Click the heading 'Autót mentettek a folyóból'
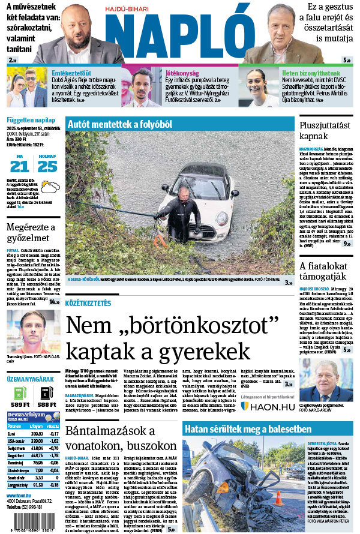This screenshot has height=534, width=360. pyautogui.click(x=115, y=124)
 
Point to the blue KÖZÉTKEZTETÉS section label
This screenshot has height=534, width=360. pyautogui.click(x=88, y=304)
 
